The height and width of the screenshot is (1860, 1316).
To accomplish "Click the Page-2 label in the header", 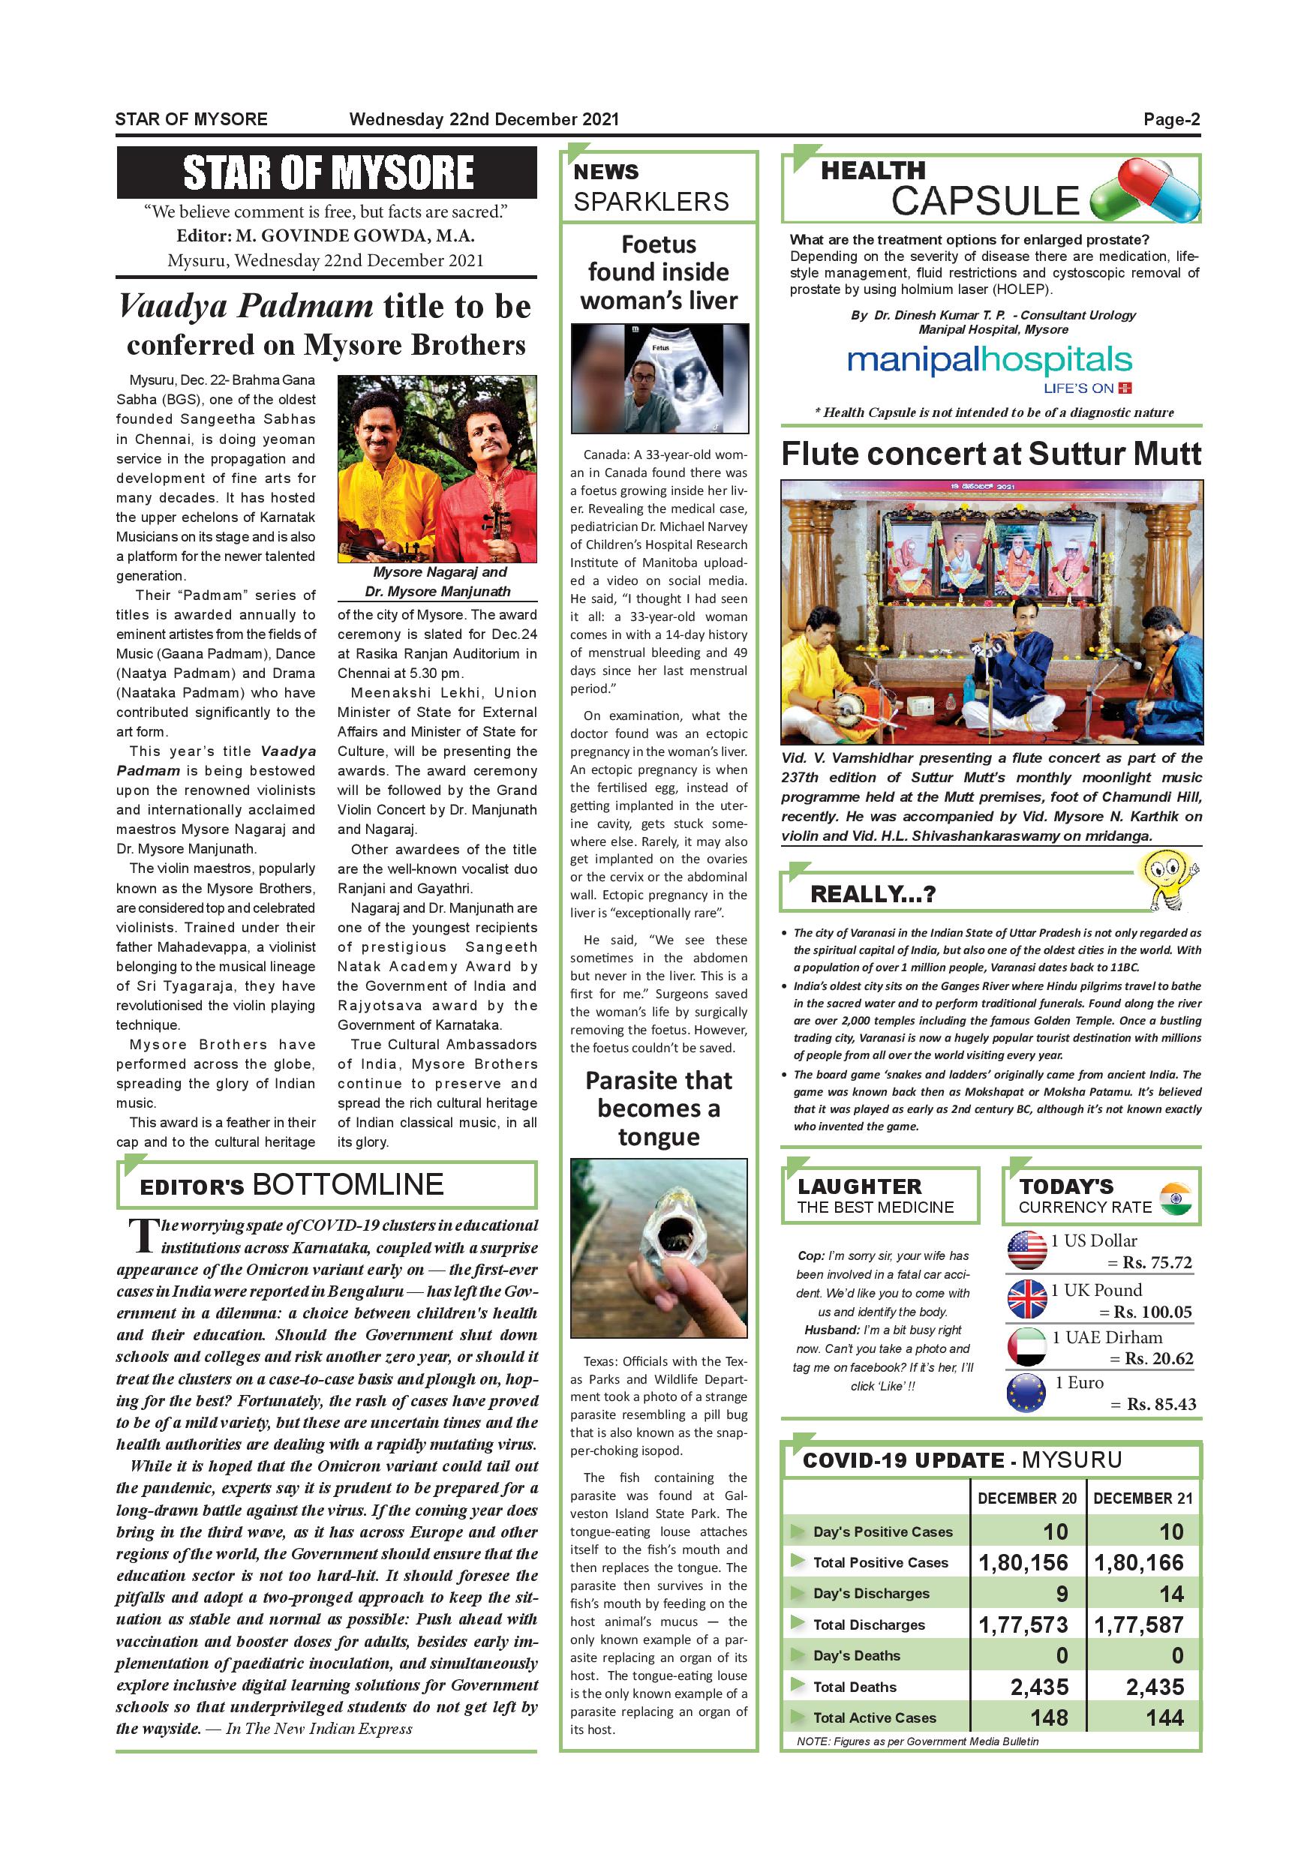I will (x=1171, y=120).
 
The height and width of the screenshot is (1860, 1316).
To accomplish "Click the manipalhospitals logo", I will (x=989, y=362).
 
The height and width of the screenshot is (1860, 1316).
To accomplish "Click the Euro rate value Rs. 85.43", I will (x=1161, y=1405).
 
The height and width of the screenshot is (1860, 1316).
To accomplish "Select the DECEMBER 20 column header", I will (x=1026, y=1498).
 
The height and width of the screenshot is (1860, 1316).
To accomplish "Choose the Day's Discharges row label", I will (x=871, y=1594).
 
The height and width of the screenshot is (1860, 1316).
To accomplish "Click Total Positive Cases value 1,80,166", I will (x=1138, y=1563).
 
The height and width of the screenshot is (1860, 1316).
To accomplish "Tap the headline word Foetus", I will (x=658, y=244).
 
